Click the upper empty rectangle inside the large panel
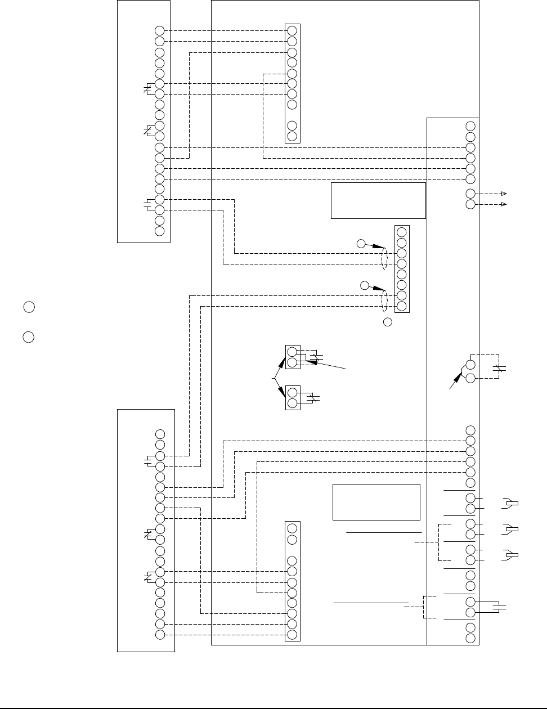378,200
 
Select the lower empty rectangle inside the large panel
376,502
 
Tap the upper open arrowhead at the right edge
505,194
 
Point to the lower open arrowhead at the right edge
505,204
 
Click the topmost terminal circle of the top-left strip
159,31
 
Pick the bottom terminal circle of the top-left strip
159,231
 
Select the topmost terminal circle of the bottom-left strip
160,434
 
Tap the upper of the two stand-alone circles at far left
29,307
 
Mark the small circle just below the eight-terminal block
387,322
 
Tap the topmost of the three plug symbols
511,502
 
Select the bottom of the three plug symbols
511,554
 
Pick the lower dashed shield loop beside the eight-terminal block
384,300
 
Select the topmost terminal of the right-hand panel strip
470,126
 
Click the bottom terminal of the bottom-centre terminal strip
292,634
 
